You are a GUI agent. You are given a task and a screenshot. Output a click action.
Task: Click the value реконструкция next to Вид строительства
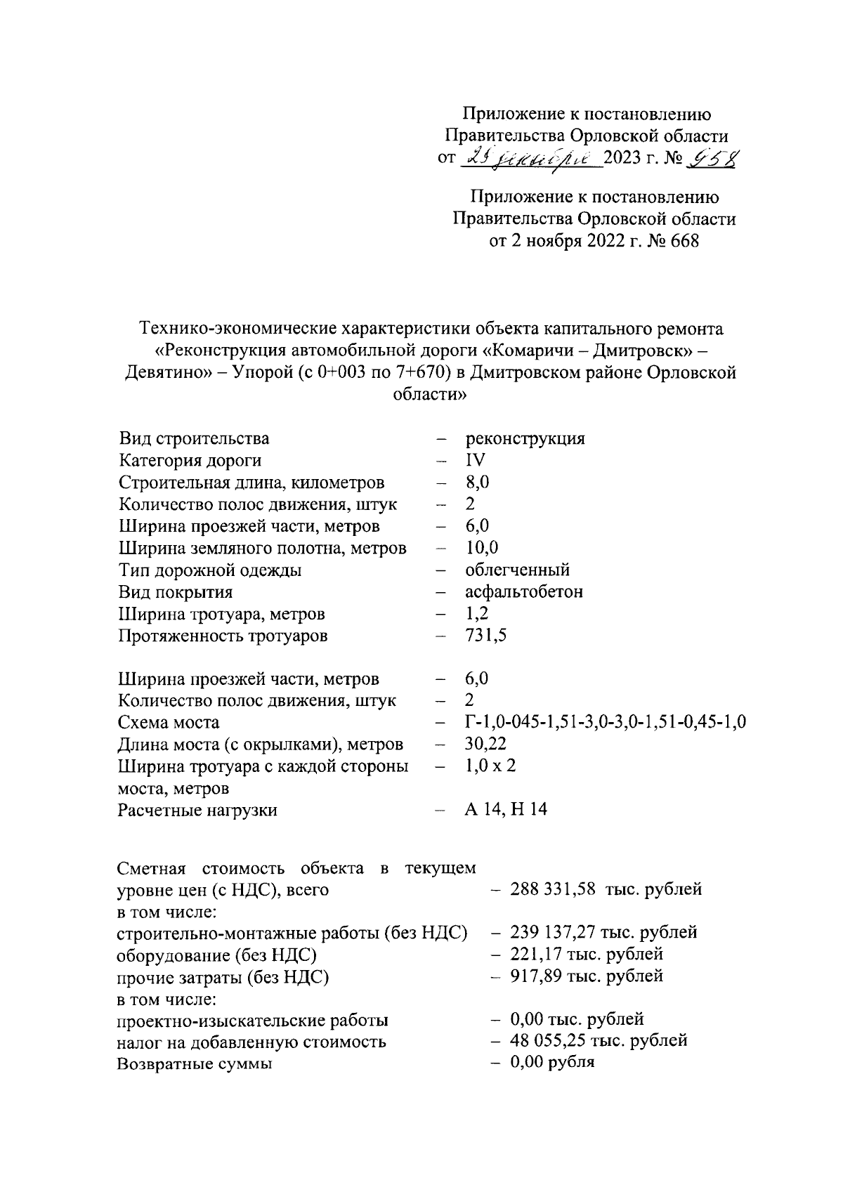click(x=525, y=439)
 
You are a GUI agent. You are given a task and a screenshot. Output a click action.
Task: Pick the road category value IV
click(x=475, y=461)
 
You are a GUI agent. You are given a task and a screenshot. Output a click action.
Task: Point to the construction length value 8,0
click(x=477, y=483)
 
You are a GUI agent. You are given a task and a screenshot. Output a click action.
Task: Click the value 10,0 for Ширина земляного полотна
click(x=481, y=548)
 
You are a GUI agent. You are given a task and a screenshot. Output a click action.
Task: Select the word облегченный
click(x=517, y=570)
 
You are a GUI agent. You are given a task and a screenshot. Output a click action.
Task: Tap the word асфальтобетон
click(x=523, y=591)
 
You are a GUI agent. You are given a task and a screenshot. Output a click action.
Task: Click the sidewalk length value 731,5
click(x=485, y=636)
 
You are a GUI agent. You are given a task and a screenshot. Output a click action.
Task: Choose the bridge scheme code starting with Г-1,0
click(x=605, y=722)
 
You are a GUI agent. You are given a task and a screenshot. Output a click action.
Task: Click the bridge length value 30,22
click(x=485, y=744)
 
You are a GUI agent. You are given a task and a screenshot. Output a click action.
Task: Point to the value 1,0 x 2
click(x=490, y=766)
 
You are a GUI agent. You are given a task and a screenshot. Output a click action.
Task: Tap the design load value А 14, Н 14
click(x=505, y=810)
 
